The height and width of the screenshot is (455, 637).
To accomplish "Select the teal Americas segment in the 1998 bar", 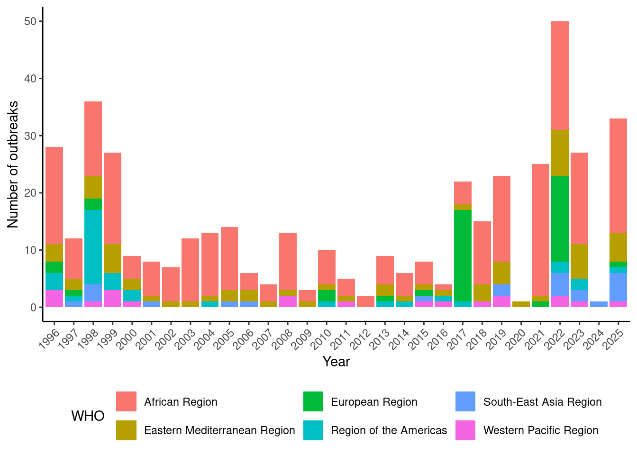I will coord(93,247).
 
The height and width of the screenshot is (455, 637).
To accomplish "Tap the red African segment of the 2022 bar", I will coord(560,75).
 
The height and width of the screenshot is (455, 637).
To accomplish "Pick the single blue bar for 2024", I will coord(599,304).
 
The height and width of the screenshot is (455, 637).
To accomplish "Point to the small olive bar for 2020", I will coord(521,304).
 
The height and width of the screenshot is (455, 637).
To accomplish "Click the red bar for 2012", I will coord(365,301).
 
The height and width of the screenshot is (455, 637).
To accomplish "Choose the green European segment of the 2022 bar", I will coord(560,218).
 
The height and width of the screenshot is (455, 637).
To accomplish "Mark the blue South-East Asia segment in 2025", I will coord(618,287).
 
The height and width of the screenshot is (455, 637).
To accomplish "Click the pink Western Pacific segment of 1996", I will coord(54,299).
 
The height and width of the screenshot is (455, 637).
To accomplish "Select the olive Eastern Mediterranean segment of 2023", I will coord(579,261).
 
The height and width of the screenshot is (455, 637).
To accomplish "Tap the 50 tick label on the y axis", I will coord(30,22).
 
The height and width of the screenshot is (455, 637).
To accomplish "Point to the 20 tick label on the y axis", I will coord(30,193).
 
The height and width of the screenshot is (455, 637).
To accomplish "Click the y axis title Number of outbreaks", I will coord(13,164).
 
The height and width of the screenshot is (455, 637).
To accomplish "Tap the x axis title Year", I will coord(336,362).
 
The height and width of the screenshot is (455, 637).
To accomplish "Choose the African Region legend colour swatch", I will coord(126,401).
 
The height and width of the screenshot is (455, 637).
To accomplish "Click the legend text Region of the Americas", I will coord(389,430).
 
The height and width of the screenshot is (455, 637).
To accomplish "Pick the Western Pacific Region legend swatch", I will coord(465,430).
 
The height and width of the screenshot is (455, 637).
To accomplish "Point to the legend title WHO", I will coord(88,416).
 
